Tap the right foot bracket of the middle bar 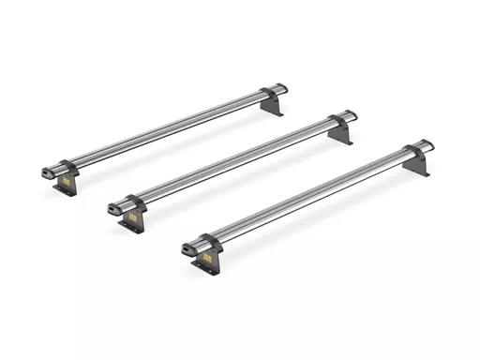tap(341, 133)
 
